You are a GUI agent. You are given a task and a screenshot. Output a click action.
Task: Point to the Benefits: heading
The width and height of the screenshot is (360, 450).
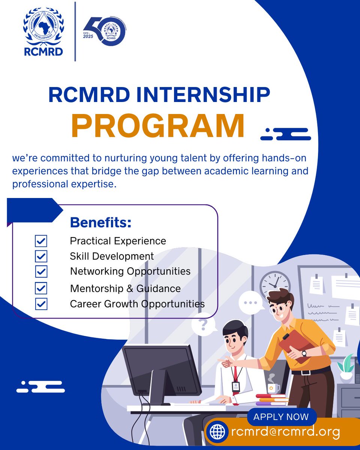click(100, 222)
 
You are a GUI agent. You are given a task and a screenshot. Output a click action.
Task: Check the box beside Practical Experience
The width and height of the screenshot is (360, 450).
click(41, 241)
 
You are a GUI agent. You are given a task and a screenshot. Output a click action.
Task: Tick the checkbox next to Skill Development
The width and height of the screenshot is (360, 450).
click(41, 256)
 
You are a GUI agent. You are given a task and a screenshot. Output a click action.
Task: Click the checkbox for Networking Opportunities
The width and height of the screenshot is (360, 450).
click(41, 271)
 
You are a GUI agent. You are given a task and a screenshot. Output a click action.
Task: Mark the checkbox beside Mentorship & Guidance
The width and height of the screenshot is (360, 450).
click(41, 288)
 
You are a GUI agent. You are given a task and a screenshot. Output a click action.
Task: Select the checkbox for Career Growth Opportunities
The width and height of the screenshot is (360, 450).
click(41, 304)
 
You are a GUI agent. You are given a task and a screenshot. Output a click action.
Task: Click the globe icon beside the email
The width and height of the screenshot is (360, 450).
click(218, 432)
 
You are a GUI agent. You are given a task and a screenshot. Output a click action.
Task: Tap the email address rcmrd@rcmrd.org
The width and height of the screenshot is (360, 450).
click(285, 432)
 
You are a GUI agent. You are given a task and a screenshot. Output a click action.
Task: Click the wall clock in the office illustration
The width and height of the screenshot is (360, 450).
click(275, 282)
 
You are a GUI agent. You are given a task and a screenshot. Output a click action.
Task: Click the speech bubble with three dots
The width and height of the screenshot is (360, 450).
click(251, 302)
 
